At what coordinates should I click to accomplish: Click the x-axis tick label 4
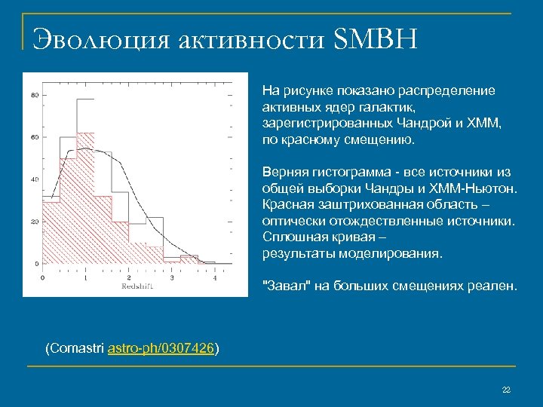[216, 278]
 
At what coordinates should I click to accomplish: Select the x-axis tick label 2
[128, 278]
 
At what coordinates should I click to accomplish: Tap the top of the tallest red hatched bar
[85, 133]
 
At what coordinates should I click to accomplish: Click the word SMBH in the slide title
[374, 38]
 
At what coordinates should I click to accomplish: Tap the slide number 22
[506, 389]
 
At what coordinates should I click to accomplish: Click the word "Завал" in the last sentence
[284, 286]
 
